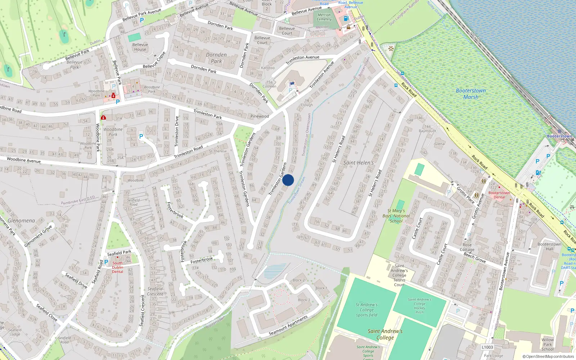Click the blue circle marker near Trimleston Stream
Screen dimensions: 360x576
pyautogui.click(x=288, y=180)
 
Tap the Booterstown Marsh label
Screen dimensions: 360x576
pyautogui.click(x=471, y=94)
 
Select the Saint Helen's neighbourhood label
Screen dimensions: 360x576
pyautogui.click(x=358, y=163)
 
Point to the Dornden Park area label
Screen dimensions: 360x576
pyautogui.click(x=216, y=58)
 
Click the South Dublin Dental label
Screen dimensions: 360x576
pyautogui.click(x=117, y=267)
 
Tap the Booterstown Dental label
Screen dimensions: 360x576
pyautogui.click(x=499, y=195)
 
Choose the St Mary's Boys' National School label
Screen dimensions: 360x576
pyautogui.click(x=396, y=216)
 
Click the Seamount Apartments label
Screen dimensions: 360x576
pyautogui.click(x=288, y=325)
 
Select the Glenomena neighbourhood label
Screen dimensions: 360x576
pyautogui.click(x=21, y=221)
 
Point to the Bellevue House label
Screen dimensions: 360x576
pyautogui.click(x=140, y=47)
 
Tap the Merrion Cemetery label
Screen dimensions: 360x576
pyautogui.click(x=324, y=17)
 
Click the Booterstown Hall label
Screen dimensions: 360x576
pyautogui.click(x=549, y=246)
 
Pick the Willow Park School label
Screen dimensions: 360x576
pyautogui.click(x=548, y=344)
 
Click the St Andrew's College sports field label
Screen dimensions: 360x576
pyautogui.click(x=366, y=310)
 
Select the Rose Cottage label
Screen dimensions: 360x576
pyautogui.click(x=467, y=247)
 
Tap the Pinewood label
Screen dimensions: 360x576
pyautogui.click(x=260, y=116)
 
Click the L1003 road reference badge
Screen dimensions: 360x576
pyautogui.click(x=487, y=347)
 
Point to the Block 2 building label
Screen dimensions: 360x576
pyautogui.click(x=298, y=280)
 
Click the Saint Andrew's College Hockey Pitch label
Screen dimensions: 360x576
pyautogui.click(x=419, y=306)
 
